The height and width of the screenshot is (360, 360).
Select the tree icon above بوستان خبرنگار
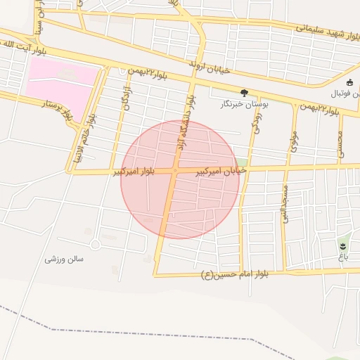244,92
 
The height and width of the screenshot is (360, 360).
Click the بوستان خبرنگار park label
244,103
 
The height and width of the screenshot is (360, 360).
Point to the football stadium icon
350,82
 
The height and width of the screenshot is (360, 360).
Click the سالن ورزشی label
64,259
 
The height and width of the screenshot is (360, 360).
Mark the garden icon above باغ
342,245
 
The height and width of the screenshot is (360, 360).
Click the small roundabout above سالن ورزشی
94,244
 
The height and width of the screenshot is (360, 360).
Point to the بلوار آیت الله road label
16,44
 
